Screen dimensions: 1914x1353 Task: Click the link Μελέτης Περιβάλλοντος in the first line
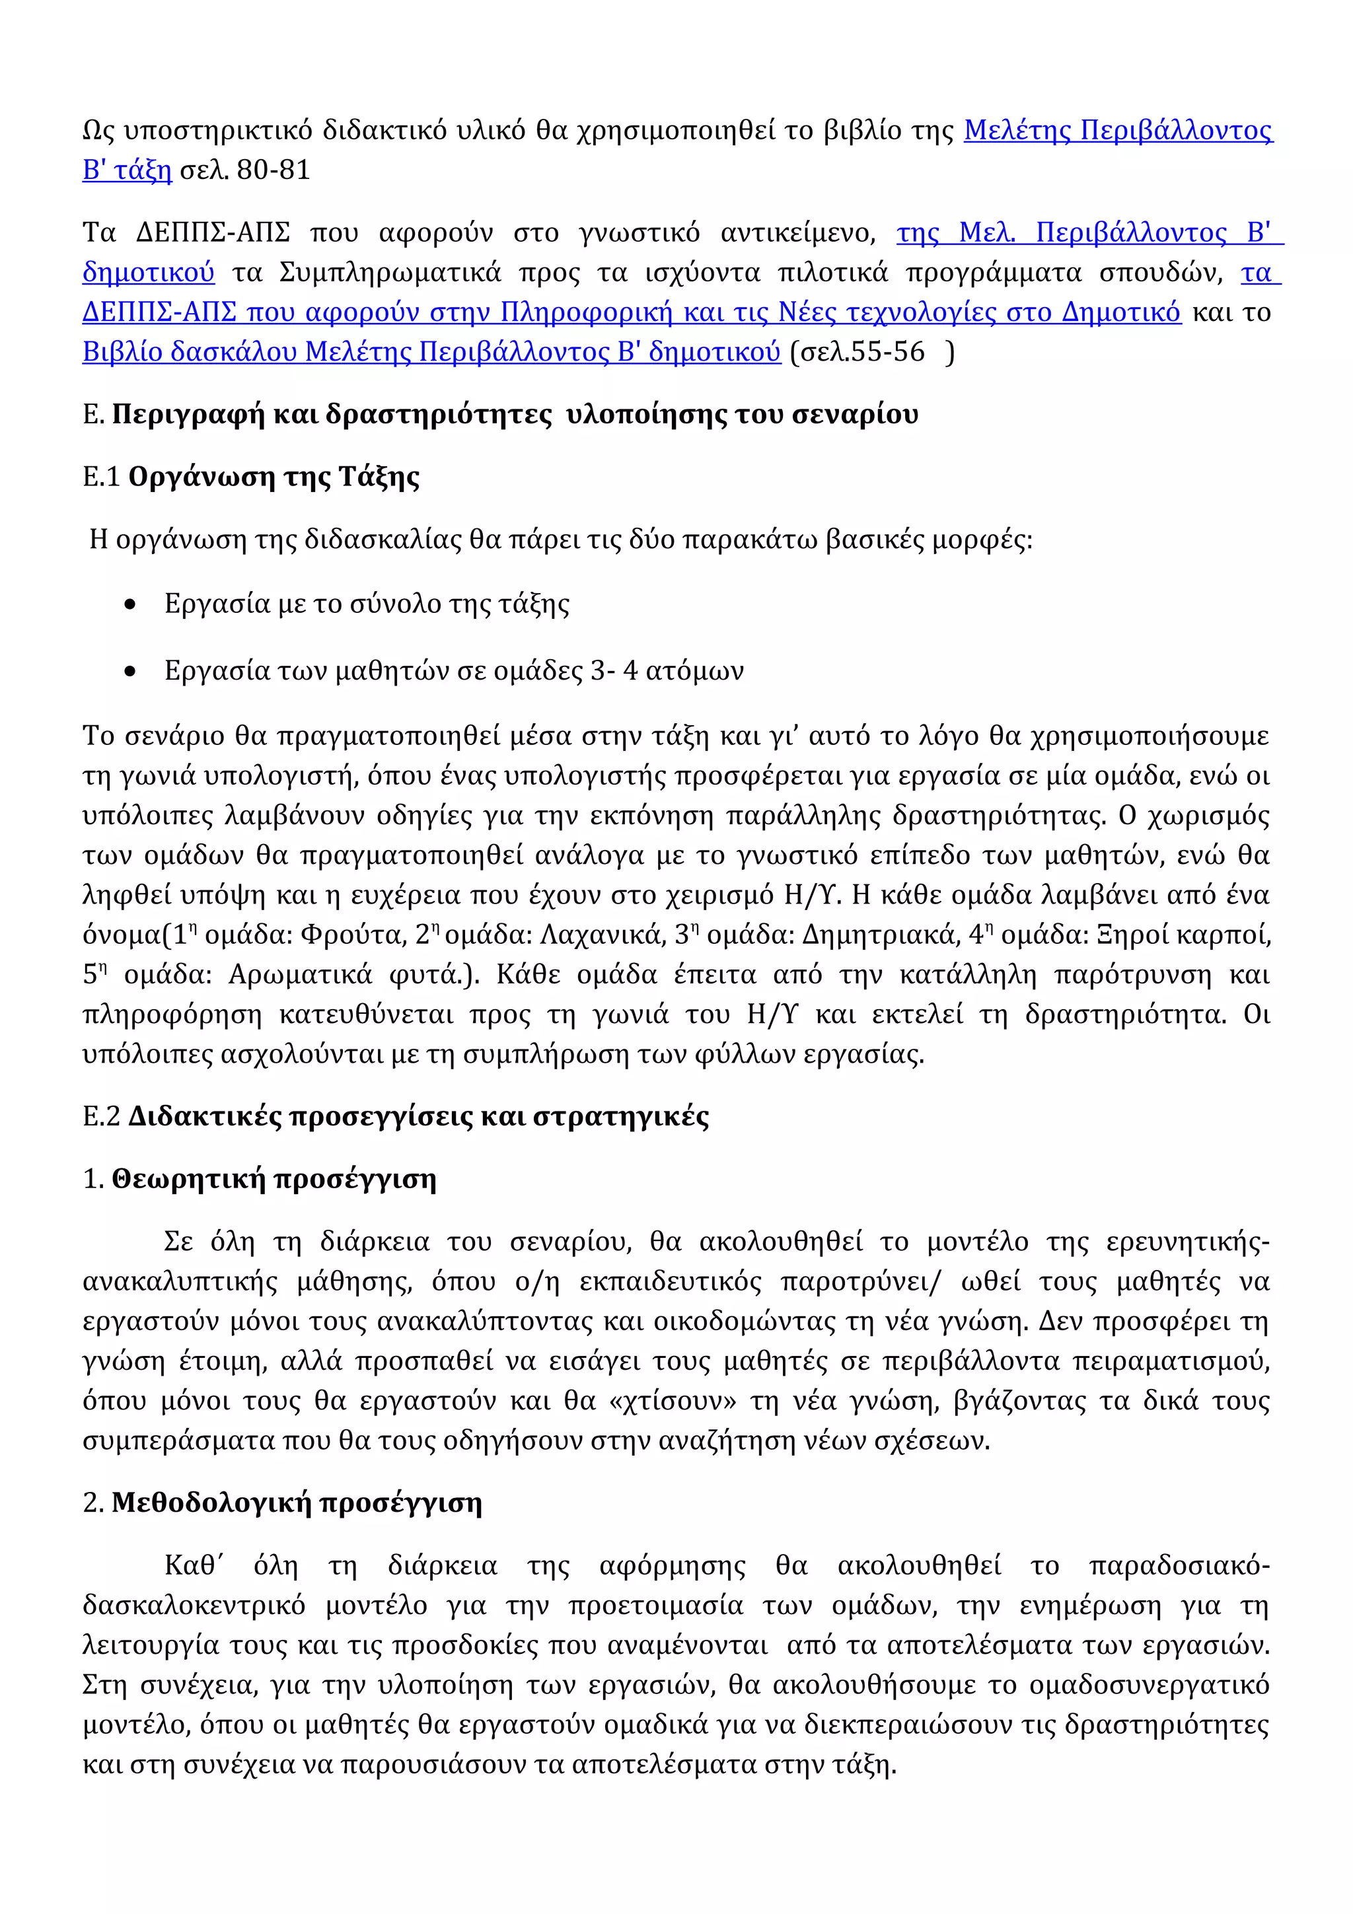tap(1117, 131)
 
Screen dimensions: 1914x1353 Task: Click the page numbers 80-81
tap(274, 170)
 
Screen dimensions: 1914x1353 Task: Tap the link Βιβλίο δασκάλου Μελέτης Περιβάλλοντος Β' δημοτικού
tap(431, 352)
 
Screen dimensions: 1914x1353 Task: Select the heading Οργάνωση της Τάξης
tap(274, 477)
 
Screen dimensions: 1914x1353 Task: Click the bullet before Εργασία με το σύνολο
tap(129, 605)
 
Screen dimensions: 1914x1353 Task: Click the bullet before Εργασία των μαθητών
tap(129, 672)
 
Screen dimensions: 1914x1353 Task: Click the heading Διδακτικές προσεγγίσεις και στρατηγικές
tap(418, 1117)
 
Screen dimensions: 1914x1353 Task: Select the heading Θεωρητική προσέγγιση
tap(274, 1180)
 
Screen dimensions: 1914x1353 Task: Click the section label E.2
tap(101, 1117)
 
